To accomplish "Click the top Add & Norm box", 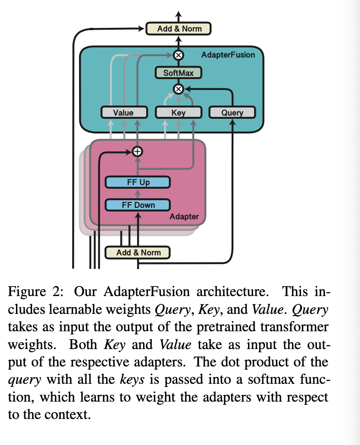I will point(179,29).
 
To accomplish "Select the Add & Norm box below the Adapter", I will point(138,252).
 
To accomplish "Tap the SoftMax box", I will point(178,73).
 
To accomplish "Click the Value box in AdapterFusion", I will point(123,112).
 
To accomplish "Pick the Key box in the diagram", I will point(178,112).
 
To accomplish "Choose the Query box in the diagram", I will point(232,112).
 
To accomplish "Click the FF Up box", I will point(138,183).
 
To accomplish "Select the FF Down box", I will point(138,205).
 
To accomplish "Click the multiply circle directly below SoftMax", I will point(179,89).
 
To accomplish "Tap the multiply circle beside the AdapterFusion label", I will point(179,55).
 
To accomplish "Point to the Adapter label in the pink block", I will point(184,217).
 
